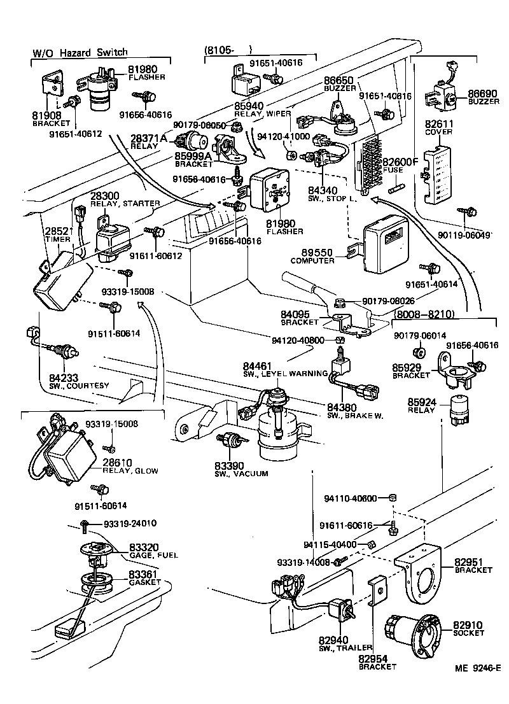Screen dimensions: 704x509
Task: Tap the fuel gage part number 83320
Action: [x=144, y=547]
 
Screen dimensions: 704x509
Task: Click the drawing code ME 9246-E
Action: [x=477, y=668]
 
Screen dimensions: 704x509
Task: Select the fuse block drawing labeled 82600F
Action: [x=371, y=164]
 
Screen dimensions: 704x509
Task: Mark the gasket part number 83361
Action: [x=144, y=574]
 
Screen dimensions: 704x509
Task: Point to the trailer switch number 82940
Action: [x=333, y=639]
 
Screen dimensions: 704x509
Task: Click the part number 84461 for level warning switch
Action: [x=256, y=365]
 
